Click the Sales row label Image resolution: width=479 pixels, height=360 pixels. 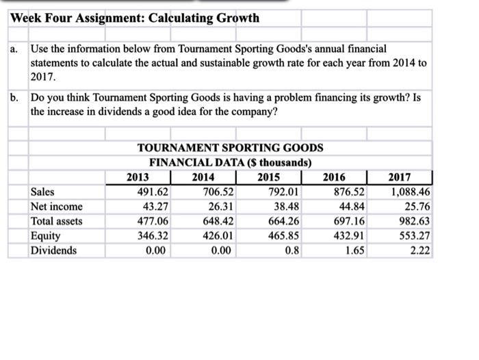coord(42,192)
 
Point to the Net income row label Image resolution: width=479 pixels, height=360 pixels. coord(57,206)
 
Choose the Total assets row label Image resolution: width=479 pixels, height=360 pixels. coord(57,221)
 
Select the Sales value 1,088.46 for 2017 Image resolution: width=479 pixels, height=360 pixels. coord(410,192)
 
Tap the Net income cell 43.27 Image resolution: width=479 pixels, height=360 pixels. coord(155,206)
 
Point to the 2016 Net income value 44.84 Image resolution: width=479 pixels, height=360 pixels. coord(352,206)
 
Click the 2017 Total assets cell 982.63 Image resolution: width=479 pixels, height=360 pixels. coord(413,221)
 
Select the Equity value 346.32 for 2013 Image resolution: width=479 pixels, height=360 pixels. coord(152,235)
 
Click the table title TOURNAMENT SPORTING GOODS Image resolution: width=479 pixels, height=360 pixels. coord(231,148)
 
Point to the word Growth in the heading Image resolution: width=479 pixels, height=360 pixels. coord(237,18)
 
